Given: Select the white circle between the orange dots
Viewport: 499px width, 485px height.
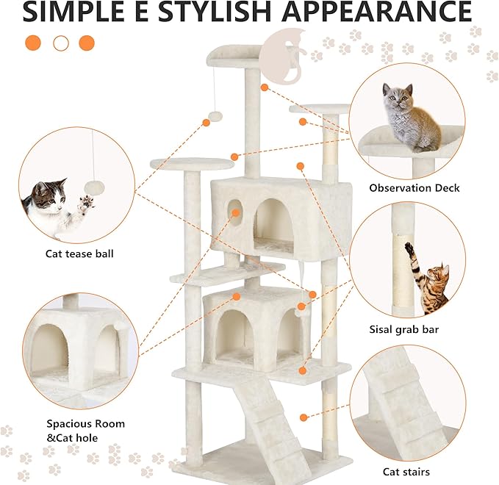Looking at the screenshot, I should tap(61, 43).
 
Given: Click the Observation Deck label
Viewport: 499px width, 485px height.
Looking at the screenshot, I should tap(414, 188).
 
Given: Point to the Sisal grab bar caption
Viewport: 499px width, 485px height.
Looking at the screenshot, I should tap(403, 330).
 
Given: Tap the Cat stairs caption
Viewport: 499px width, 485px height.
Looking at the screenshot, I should tap(406, 472).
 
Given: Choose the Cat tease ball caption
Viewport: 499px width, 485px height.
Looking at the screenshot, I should tap(79, 254).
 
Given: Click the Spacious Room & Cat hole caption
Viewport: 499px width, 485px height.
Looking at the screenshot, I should tap(85, 431).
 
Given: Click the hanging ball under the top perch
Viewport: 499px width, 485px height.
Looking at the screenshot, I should tap(216, 118).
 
